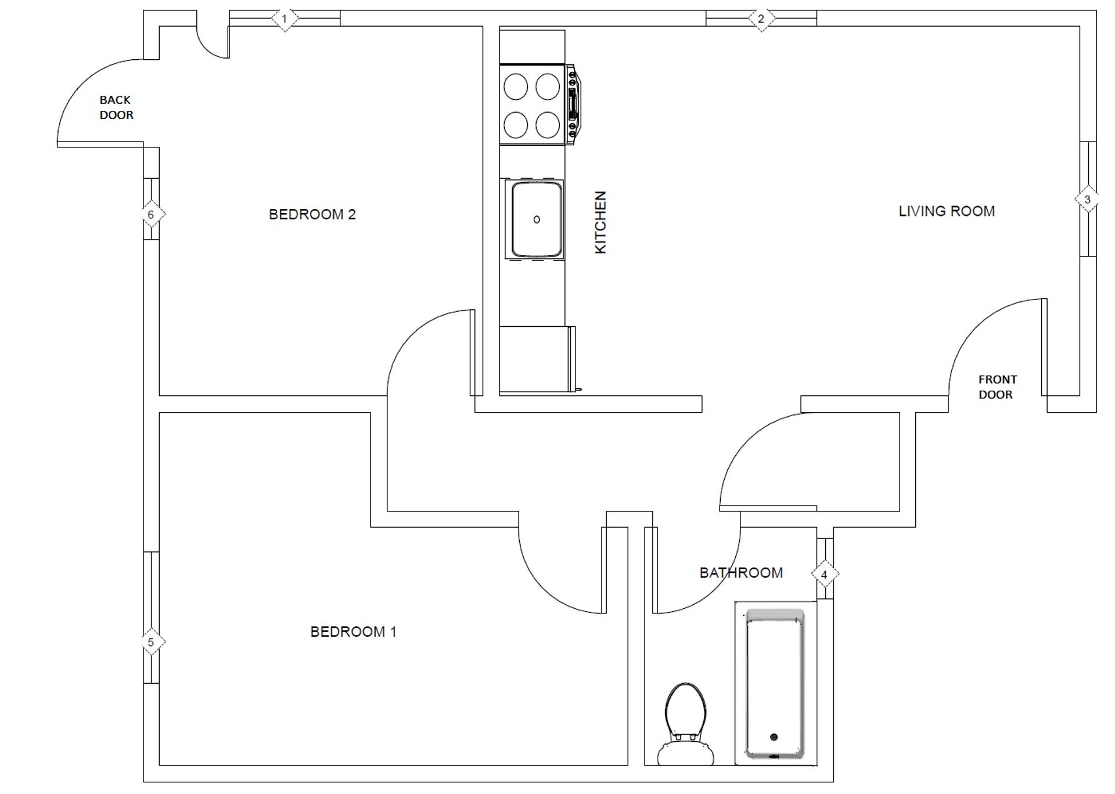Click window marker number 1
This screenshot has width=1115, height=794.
(x=285, y=19)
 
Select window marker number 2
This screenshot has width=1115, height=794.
(x=761, y=19)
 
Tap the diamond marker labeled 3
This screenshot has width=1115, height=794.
(x=1087, y=199)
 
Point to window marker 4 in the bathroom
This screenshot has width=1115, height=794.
(x=824, y=575)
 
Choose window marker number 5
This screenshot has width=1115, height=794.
(x=151, y=643)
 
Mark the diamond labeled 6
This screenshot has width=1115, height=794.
(x=151, y=215)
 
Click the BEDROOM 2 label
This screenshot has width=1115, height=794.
(x=312, y=214)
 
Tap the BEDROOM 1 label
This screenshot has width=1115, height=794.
(x=353, y=631)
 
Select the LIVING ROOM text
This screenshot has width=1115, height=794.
(x=947, y=211)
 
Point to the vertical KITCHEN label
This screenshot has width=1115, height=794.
(x=600, y=222)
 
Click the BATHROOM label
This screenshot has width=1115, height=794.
(x=741, y=573)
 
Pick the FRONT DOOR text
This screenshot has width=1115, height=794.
(x=997, y=387)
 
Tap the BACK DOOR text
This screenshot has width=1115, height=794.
(x=116, y=107)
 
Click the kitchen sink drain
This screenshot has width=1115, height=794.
(x=537, y=219)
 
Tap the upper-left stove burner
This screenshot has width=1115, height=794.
(x=516, y=87)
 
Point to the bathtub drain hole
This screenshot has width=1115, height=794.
(x=774, y=737)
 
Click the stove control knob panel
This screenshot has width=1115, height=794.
(x=573, y=104)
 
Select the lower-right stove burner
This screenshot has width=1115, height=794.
(x=548, y=124)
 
